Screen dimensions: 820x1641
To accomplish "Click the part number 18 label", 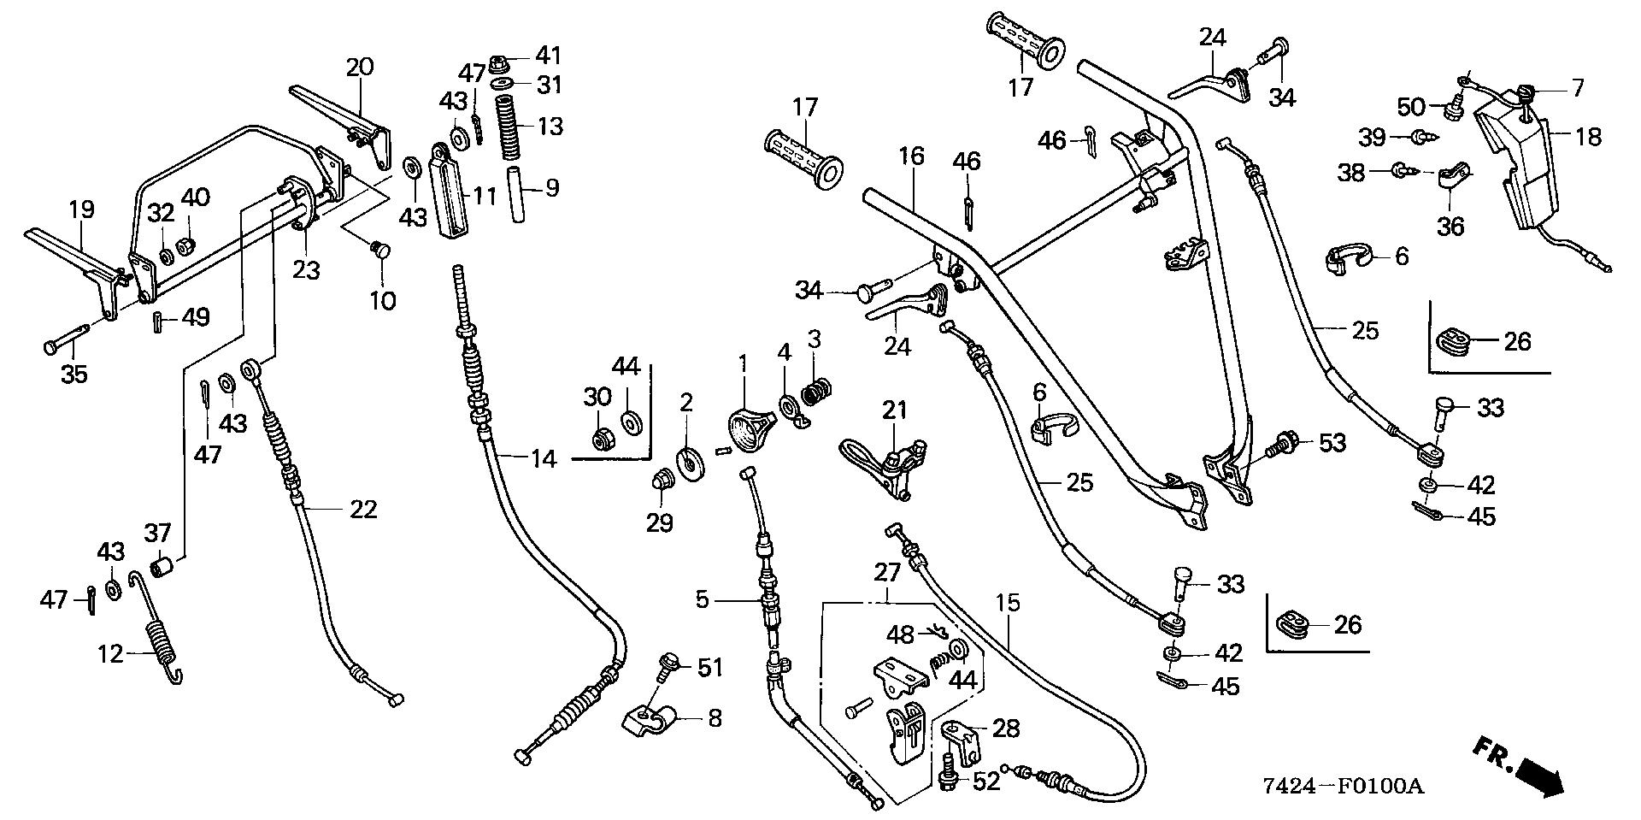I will (1588, 136).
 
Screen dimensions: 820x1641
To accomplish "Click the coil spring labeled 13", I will (511, 127).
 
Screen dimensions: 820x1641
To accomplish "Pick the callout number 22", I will (362, 509).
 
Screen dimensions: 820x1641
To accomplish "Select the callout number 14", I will (544, 458).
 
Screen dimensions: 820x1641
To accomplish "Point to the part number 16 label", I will (912, 156).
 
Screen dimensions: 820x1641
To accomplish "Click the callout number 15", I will (1009, 603).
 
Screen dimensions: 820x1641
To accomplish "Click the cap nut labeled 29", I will (661, 481).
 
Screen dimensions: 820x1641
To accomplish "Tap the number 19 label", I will (81, 209).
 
